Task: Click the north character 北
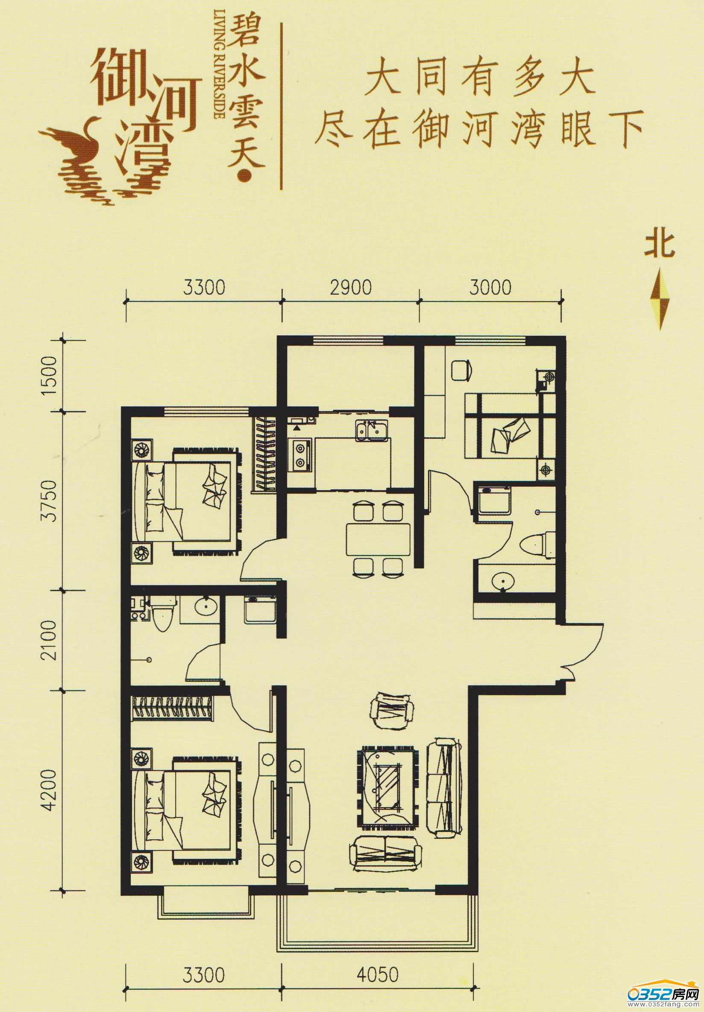(660, 245)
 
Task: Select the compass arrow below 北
(660, 299)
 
